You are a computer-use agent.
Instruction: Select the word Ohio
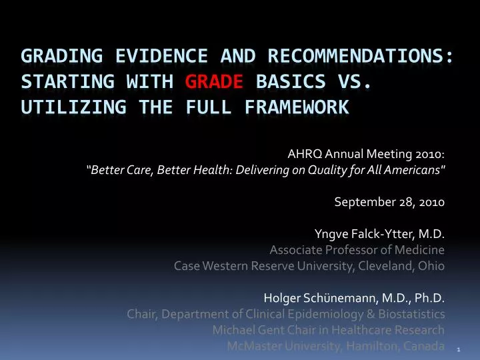coord(432,265)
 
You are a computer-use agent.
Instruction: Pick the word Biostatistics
coord(411,313)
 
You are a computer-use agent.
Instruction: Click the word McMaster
coord(251,345)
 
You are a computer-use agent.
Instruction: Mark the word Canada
coord(424,345)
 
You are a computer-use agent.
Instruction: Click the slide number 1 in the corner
coord(459,349)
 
